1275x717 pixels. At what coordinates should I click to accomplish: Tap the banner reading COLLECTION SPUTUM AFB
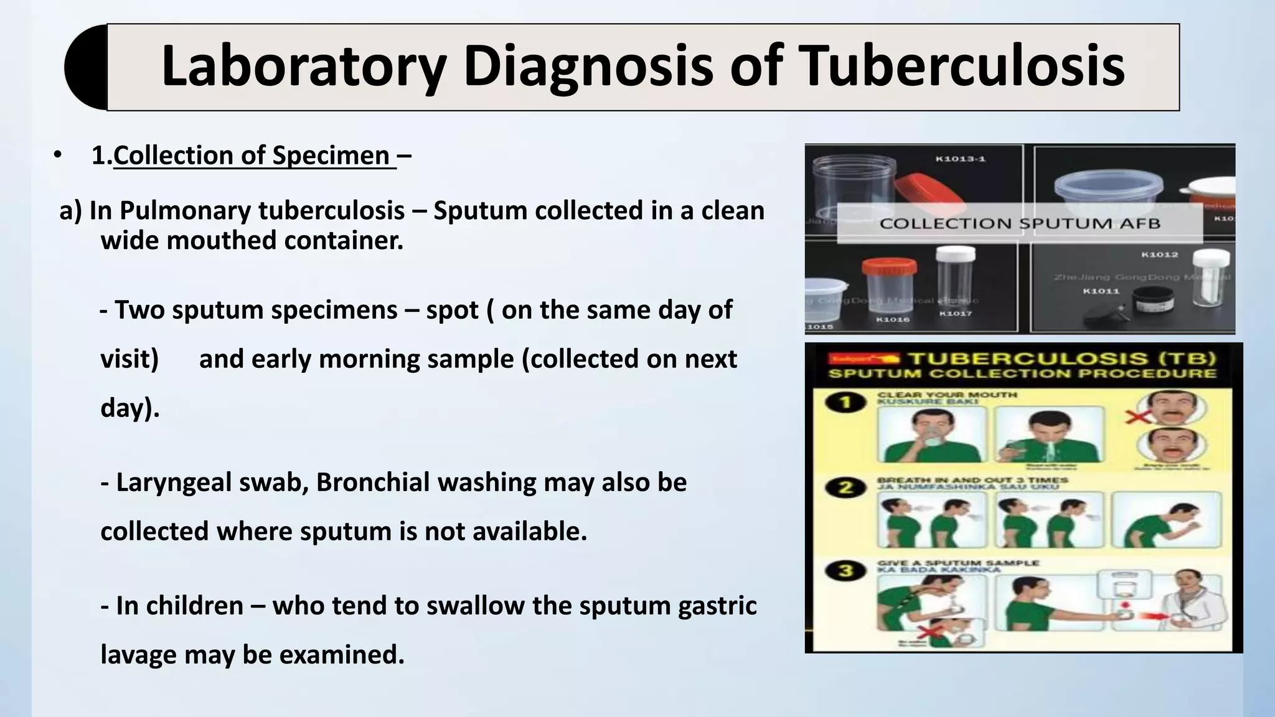click(1020, 223)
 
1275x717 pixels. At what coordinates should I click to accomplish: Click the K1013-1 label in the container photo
click(961, 159)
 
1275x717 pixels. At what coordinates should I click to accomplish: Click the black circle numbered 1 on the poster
click(845, 402)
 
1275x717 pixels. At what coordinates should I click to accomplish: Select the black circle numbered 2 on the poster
click(845, 488)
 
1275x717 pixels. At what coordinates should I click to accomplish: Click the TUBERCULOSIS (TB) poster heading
click(1061, 358)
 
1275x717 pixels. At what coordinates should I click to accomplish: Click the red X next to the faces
click(1137, 416)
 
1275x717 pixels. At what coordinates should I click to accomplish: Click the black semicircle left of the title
click(86, 67)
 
